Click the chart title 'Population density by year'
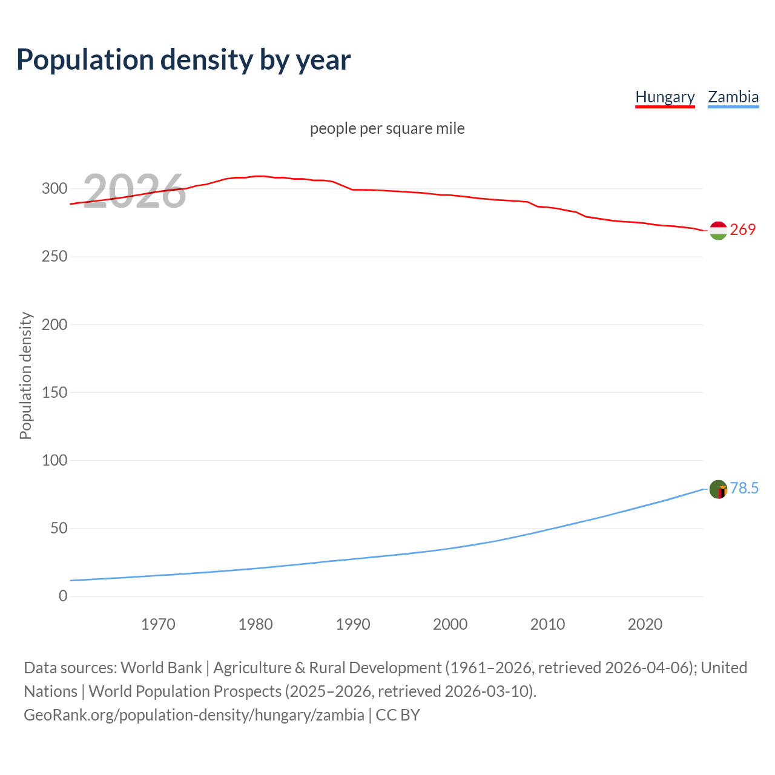point(183,59)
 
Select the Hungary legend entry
point(665,97)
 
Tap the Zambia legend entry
point(733,97)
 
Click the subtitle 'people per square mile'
point(387,128)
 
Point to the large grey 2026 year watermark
point(134,191)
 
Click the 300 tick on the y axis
point(54,188)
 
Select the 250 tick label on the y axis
point(54,257)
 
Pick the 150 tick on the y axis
point(54,392)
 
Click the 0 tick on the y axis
point(63,596)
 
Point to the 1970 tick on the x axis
point(158,624)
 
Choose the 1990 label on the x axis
point(353,624)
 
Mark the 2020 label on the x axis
point(645,624)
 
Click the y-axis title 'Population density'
point(25,375)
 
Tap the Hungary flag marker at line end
point(718,231)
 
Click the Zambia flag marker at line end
point(718,489)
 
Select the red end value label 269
point(743,229)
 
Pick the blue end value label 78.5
point(744,488)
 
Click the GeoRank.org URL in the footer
point(194,715)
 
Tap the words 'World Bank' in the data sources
point(161,668)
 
